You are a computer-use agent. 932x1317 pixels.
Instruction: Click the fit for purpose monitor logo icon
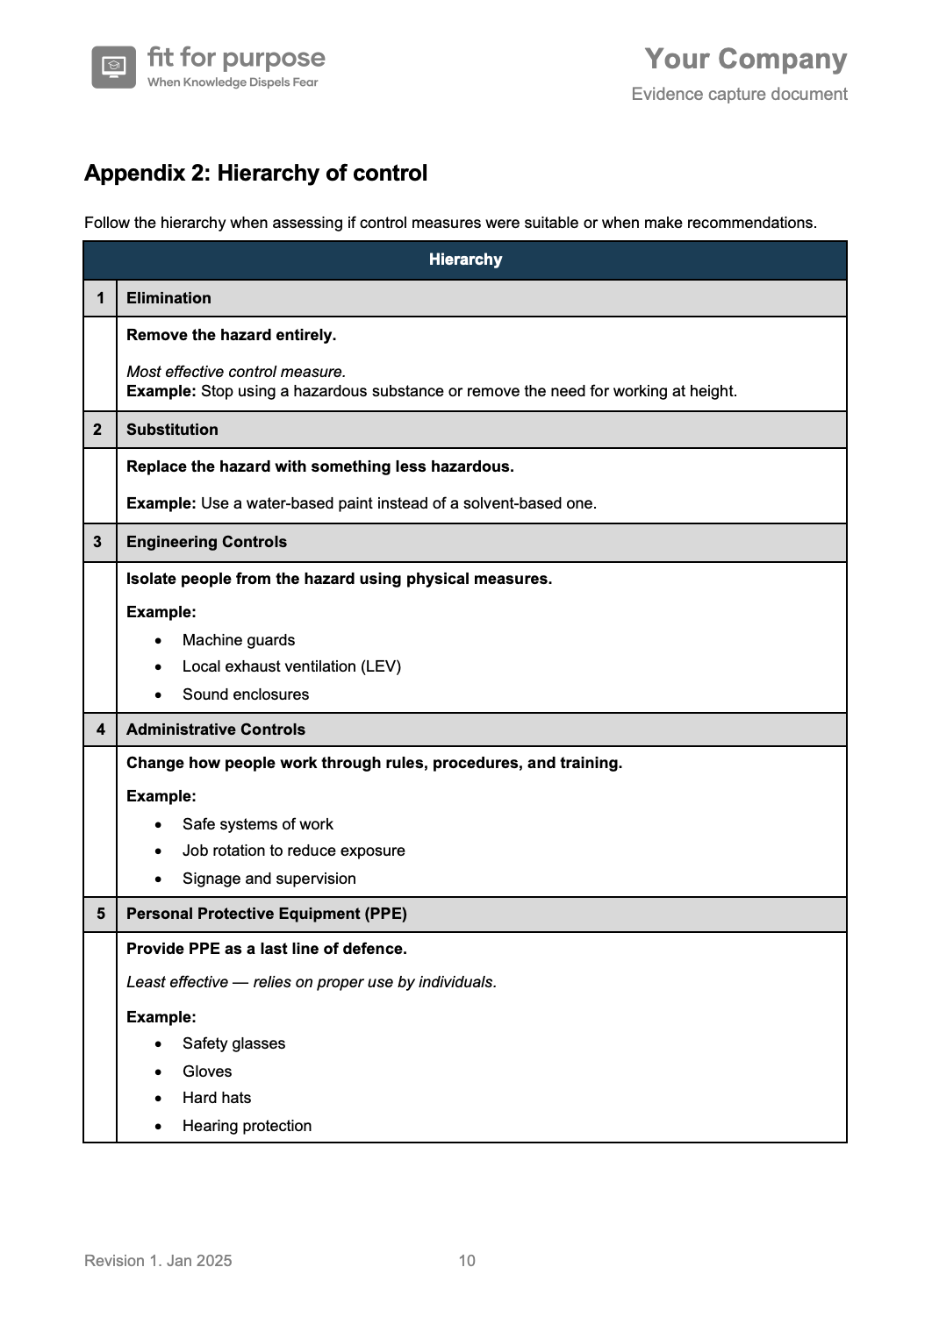[113, 68]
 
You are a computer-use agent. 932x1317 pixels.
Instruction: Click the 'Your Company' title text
[745, 59]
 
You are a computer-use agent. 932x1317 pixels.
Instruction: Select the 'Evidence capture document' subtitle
[739, 94]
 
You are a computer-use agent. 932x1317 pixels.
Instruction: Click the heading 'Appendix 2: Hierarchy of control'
[255, 173]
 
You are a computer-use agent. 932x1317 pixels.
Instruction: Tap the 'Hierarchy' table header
[465, 260]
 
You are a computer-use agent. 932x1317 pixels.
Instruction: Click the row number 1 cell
[100, 298]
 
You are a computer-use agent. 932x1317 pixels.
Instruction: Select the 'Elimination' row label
[168, 298]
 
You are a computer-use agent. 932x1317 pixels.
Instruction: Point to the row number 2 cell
[97, 430]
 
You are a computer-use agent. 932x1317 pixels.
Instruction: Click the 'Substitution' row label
[172, 430]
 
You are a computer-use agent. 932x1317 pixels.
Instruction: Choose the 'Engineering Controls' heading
[206, 542]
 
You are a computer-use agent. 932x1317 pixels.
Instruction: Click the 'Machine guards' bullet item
[239, 640]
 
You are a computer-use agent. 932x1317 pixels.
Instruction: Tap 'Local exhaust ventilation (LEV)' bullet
[291, 666]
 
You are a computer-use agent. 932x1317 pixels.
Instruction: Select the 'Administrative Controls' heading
[216, 730]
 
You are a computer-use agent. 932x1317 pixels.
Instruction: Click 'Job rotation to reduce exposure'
[294, 851]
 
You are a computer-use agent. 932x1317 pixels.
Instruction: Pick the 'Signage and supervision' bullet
[269, 879]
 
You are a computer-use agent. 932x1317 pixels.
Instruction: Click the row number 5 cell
[100, 914]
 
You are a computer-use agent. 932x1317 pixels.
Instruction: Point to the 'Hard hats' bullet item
[217, 1098]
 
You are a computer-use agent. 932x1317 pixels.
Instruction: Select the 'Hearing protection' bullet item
[247, 1126]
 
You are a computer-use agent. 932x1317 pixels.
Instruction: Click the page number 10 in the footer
[467, 1261]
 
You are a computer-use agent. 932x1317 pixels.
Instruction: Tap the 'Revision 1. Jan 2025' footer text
[158, 1261]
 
